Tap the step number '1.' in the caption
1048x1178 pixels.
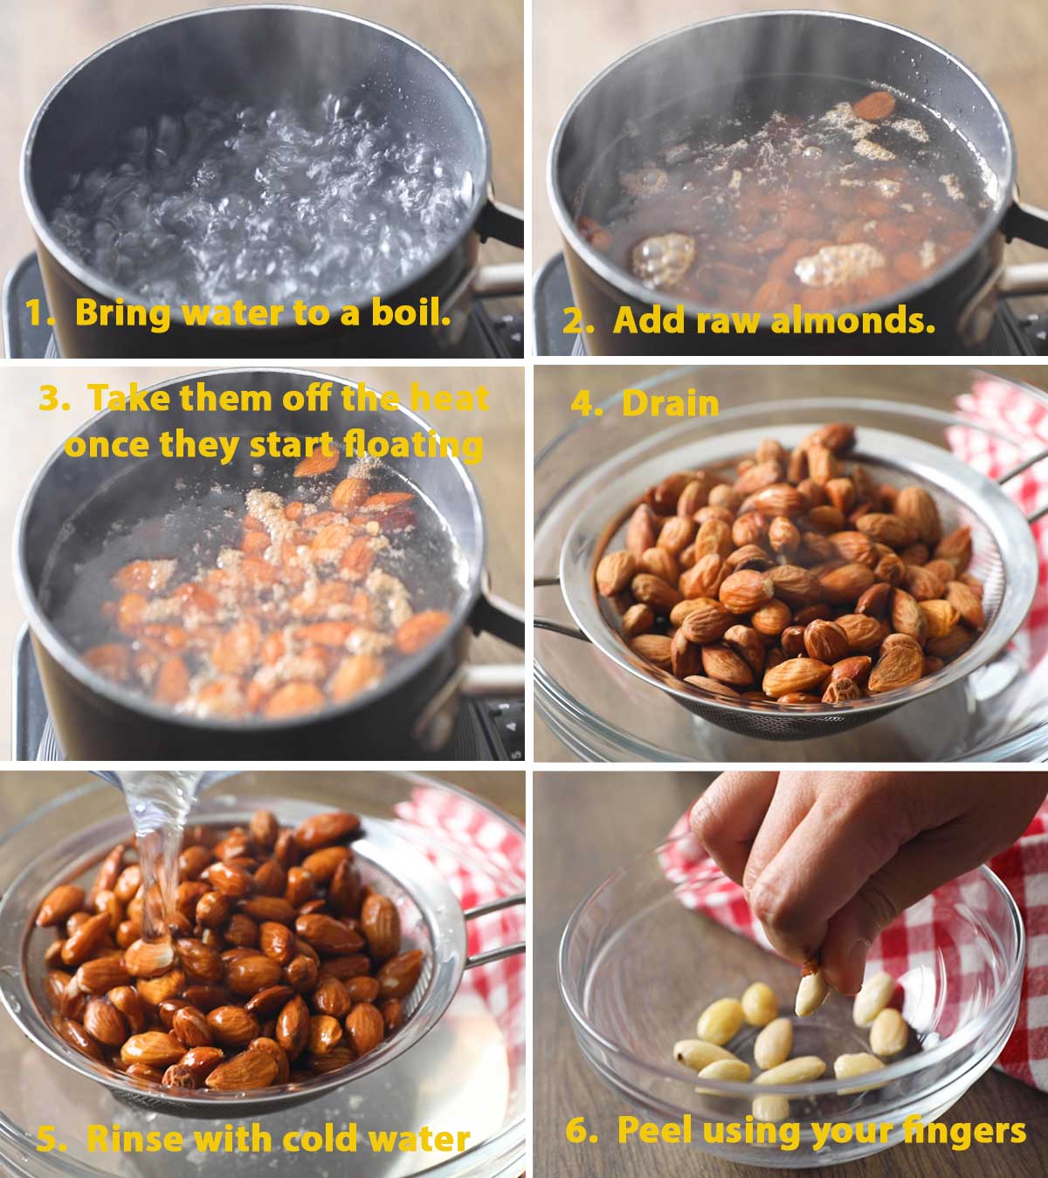click(x=40, y=312)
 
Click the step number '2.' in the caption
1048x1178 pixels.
click(x=577, y=321)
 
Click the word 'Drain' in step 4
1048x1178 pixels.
click(x=670, y=403)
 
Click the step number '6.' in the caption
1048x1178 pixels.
click(x=582, y=1131)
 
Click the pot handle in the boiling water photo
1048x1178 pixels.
click(x=498, y=218)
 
